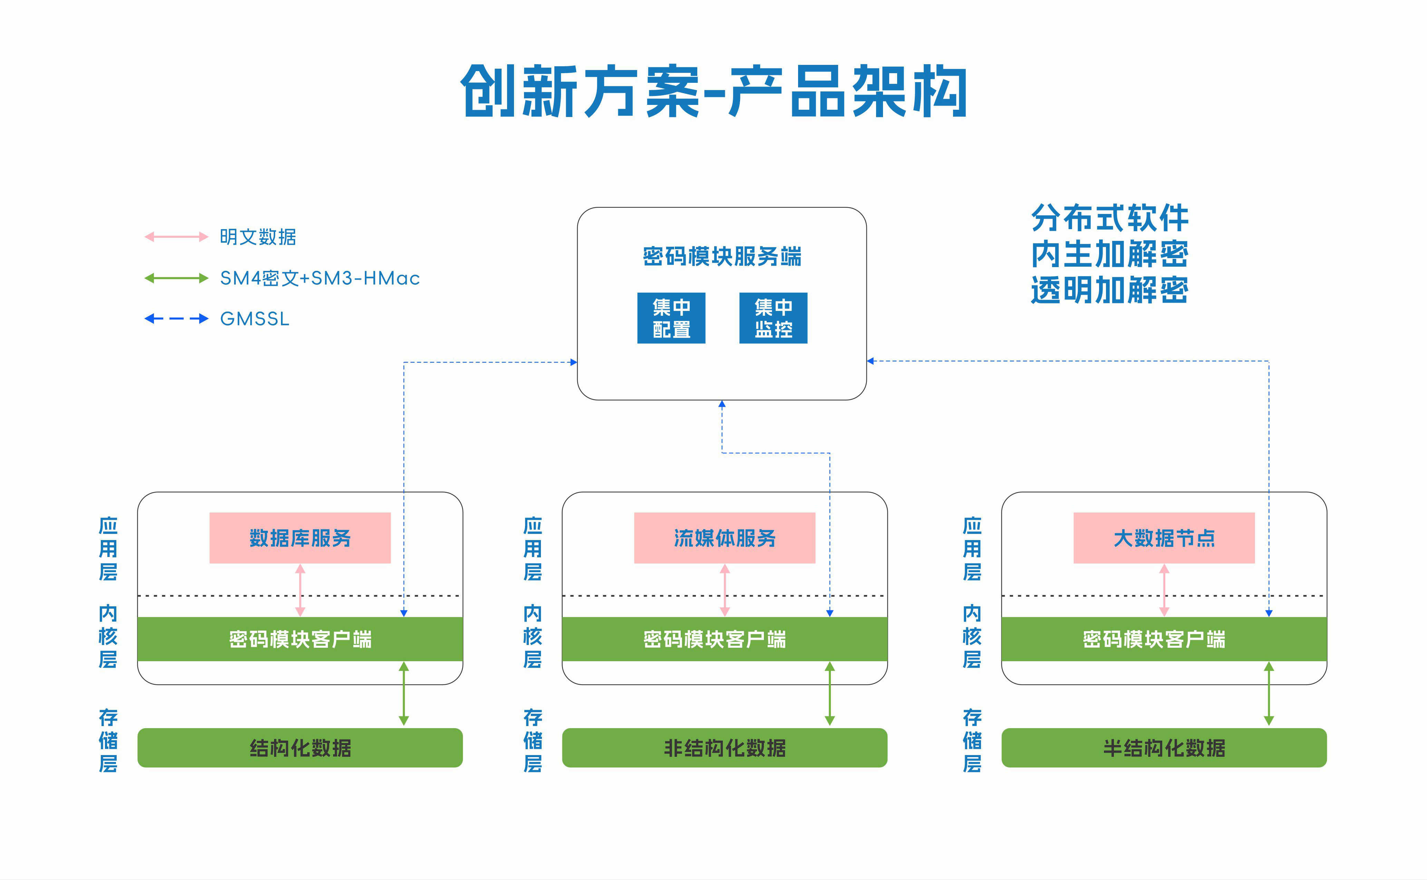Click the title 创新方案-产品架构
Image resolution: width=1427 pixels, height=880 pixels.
(713, 91)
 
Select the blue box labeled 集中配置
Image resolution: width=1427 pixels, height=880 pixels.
(671, 318)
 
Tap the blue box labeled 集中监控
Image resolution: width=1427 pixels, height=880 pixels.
(773, 318)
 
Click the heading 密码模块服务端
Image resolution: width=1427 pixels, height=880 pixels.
(722, 256)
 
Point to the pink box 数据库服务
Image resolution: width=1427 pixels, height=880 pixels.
(300, 538)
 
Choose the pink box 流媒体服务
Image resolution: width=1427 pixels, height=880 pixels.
(725, 538)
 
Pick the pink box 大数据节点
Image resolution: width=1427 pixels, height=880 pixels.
(1164, 538)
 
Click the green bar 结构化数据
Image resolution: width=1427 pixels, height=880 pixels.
(300, 747)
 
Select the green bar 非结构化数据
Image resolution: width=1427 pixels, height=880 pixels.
(725, 747)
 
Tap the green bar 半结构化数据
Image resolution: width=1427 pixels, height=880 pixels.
(1164, 747)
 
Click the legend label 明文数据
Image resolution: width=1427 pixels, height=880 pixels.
(258, 237)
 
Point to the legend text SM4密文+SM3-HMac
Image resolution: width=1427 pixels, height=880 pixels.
(320, 278)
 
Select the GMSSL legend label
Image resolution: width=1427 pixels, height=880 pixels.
(254, 319)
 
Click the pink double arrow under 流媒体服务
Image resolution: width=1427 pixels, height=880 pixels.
(725, 589)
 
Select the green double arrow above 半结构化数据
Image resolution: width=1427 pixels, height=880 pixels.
(1269, 694)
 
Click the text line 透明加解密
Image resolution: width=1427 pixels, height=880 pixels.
(1109, 290)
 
